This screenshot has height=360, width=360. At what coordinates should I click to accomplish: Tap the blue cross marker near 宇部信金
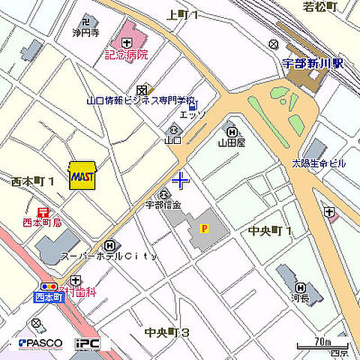(x=181, y=180)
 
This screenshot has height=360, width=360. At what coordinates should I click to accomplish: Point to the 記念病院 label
(x=126, y=54)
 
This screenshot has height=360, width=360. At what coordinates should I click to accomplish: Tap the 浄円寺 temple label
(x=85, y=33)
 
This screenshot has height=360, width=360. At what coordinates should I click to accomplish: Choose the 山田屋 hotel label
(x=232, y=140)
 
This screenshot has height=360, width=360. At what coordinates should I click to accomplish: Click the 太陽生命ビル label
(x=318, y=163)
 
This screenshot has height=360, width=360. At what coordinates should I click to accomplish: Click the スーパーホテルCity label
(x=109, y=256)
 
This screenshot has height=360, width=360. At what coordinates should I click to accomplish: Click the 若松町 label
(x=320, y=7)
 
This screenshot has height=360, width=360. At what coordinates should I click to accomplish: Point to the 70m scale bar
(x=322, y=346)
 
